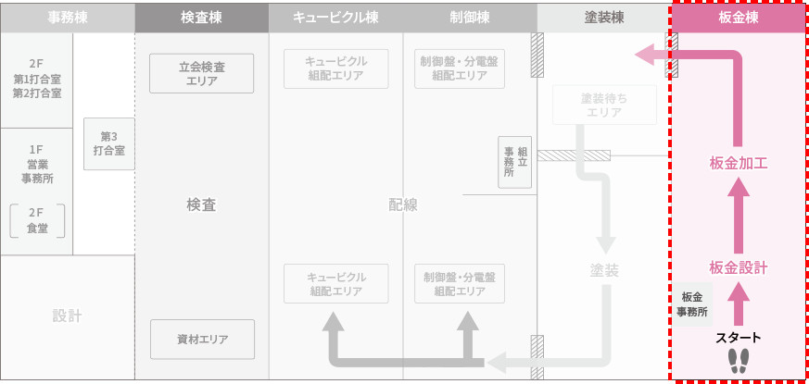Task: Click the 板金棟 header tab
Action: tap(738, 18)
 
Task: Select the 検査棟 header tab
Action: tap(201, 18)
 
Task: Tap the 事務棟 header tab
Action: tap(68, 18)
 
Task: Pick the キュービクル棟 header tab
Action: tap(335, 18)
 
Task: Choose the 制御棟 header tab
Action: tap(470, 18)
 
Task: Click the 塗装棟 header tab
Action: tap(603, 18)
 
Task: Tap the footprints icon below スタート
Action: tap(739, 361)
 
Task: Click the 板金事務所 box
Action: tap(691, 304)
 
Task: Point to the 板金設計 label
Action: tap(739, 267)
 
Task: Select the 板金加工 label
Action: tap(739, 163)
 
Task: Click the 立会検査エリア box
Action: tap(201, 73)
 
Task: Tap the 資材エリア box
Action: tap(202, 339)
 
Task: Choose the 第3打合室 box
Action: tap(109, 143)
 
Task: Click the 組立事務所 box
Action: tap(515, 161)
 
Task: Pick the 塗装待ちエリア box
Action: tap(603, 105)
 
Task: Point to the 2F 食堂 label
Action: tap(38, 220)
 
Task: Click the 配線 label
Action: tap(404, 205)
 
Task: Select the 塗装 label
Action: tap(604, 270)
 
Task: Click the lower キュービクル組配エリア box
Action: tap(336, 284)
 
